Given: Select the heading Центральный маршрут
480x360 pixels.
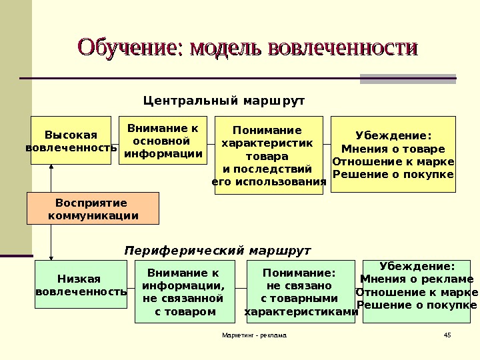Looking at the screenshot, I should click(x=224, y=101).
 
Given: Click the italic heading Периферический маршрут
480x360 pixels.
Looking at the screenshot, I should click(x=218, y=251).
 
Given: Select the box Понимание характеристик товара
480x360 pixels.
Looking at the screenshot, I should click(x=269, y=155).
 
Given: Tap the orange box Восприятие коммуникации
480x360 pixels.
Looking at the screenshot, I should click(x=93, y=209).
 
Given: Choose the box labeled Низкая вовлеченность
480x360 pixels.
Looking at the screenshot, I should click(x=81, y=284).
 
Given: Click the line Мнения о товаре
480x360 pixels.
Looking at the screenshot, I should click(x=393, y=149).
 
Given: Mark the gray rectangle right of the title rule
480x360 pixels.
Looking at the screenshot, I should click(x=407, y=79).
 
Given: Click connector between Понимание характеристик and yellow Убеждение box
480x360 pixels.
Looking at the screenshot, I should click(x=327, y=143).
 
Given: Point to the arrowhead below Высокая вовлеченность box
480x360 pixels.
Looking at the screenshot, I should click(x=51, y=167).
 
